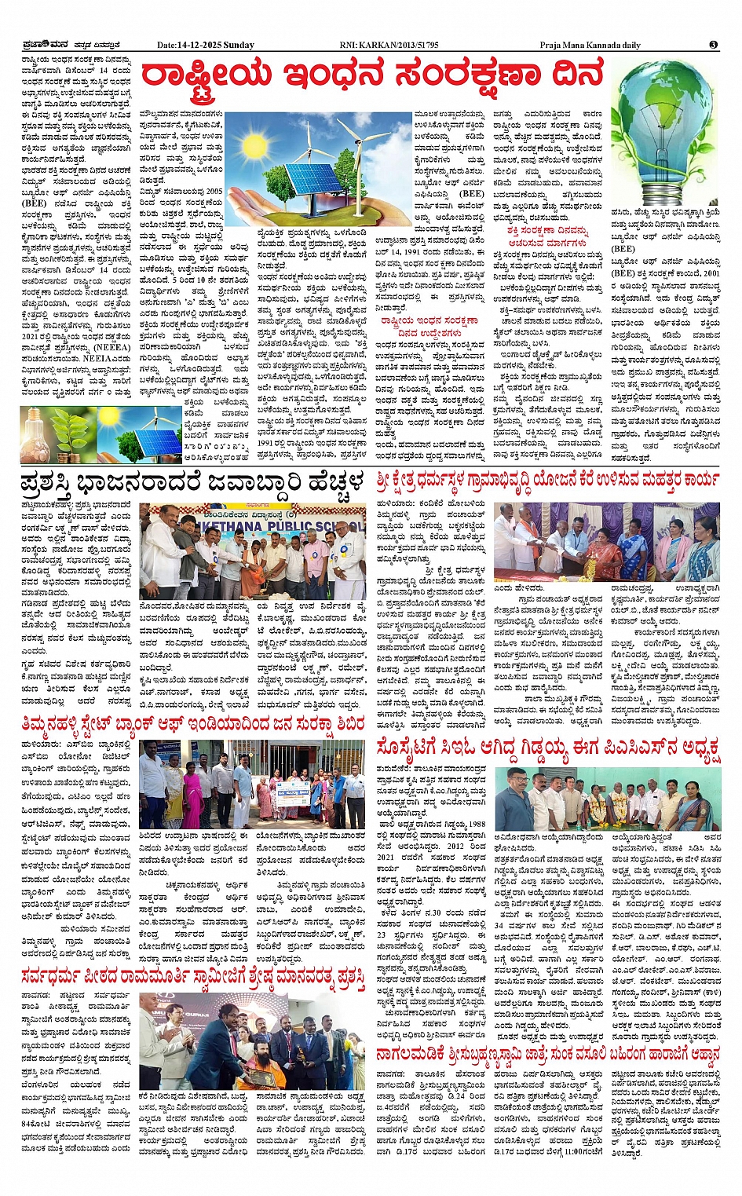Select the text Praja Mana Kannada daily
590,45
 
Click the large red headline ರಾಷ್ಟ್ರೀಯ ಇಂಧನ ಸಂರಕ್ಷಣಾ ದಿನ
371,76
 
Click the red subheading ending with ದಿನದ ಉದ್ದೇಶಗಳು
429,326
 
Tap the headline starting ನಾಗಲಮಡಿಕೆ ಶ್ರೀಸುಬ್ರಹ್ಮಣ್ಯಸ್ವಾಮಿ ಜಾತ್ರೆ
546,1055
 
